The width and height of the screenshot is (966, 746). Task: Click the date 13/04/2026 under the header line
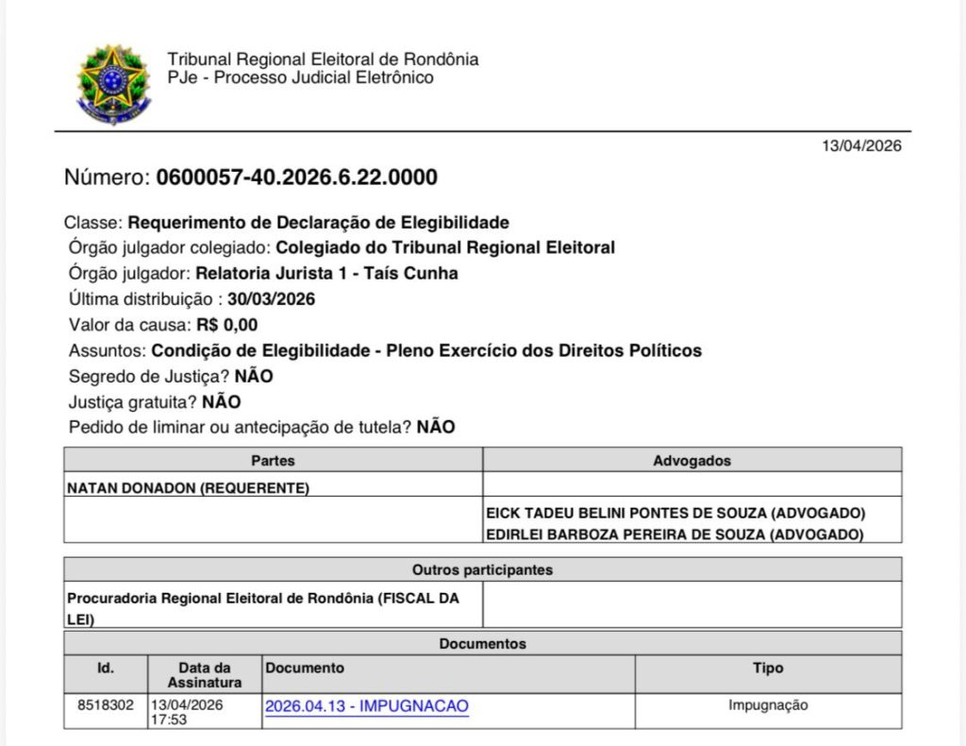pos(861,146)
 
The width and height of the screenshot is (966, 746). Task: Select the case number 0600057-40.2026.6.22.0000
pos(296,178)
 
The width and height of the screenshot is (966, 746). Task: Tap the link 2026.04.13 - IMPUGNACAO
pos(367,706)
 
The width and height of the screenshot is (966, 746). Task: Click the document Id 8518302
pos(106,704)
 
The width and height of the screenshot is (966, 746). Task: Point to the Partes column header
pos(273,461)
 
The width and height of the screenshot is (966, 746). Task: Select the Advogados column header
pos(691,461)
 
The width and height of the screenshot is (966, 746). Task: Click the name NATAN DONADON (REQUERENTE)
pos(189,488)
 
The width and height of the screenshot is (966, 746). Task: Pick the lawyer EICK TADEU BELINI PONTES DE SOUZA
pos(675,513)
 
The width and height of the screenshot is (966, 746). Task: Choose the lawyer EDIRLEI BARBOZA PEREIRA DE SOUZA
pos(675,534)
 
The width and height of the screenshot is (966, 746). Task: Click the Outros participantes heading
pos(482,570)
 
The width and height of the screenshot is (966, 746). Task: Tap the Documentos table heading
pos(482,644)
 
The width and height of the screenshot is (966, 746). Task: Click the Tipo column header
pos(768,668)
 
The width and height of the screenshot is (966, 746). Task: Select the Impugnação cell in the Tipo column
pos(768,704)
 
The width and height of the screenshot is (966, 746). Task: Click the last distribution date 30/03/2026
pos(271,299)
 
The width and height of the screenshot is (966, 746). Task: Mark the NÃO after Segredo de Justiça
pos(254,376)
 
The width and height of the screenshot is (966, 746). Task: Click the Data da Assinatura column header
pos(205,674)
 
